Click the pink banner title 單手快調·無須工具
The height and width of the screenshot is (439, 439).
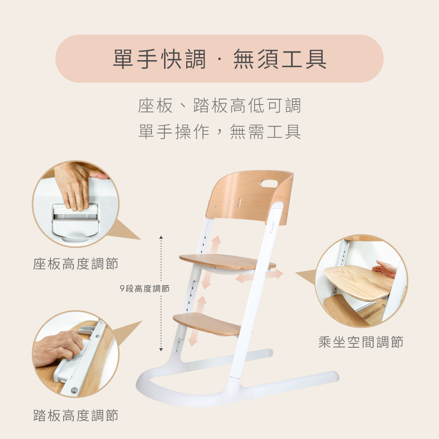pos(219,59)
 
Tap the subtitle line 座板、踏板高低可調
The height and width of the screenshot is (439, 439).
pos(219,106)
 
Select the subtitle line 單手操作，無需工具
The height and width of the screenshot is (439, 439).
pos(219,132)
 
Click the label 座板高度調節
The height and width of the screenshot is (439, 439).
pos(76,264)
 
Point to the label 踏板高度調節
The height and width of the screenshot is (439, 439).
pos(76,415)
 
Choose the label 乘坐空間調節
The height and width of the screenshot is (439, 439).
pos(360,342)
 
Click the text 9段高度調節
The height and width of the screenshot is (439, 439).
pos(144,289)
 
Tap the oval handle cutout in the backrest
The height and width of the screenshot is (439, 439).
pos(269,184)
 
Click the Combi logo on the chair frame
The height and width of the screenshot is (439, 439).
pos(273,227)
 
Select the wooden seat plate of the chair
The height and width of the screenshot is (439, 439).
pos(227,262)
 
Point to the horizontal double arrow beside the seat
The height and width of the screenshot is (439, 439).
pos(259,276)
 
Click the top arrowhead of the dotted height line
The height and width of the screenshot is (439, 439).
pos(161,237)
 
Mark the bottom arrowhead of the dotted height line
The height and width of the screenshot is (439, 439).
pos(161,349)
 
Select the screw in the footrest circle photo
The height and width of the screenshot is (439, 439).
pos(74,390)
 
